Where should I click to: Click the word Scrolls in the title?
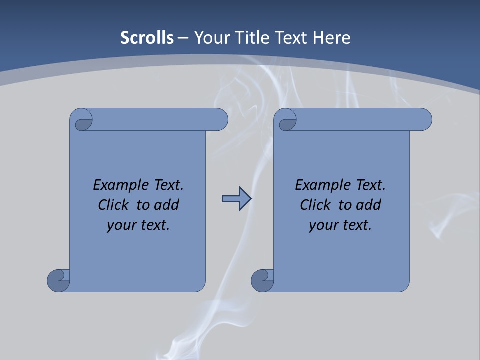(147, 38)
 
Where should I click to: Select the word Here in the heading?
(332, 38)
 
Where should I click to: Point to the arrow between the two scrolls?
(236, 199)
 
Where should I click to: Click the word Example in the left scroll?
(118, 185)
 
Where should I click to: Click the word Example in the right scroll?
(320, 185)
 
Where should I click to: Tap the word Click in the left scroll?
(113, 205)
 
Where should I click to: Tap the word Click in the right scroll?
(315, 205)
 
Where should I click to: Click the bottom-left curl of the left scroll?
(58, 280)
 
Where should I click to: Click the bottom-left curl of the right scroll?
(262, 280)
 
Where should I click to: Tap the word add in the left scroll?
(167, 205)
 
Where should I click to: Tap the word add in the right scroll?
(369, 205)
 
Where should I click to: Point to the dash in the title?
(183, 38)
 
